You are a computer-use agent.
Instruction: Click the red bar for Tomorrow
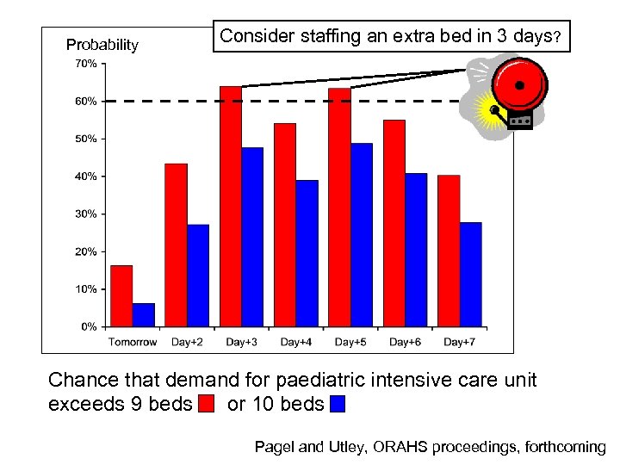pos(121,296)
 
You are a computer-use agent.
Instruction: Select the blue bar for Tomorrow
pos(144,315)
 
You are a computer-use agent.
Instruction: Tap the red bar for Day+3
pos(231,207)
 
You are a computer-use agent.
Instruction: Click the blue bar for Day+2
pos(198,276)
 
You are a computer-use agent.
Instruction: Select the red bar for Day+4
pos(285,225)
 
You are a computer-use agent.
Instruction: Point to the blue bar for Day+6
pos(416,250)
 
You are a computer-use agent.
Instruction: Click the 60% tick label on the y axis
pos(86,102)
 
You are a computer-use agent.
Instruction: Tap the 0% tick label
pos(89,327)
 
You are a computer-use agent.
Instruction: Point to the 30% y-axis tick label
pos(86,214)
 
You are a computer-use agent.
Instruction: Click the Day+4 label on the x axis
pos(295,342)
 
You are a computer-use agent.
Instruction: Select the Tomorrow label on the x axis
pos(133,342)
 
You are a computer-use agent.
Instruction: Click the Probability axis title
pos(102,45)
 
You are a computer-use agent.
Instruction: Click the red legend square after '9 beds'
pos(206,403)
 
